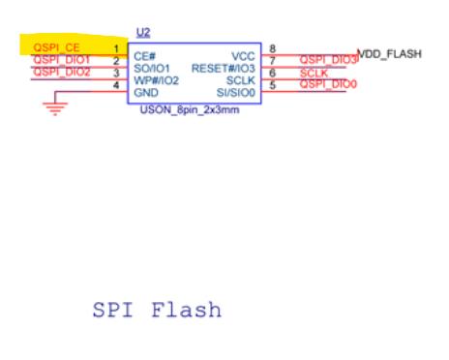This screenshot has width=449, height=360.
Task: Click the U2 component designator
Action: (143, 33)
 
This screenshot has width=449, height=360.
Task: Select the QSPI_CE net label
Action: (56, 47)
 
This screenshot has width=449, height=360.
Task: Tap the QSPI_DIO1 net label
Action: (62, 60)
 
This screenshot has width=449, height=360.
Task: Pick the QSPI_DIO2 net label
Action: (62, 72)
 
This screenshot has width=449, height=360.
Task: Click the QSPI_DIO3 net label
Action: (328, 60)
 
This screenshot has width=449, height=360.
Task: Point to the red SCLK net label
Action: (314, 74)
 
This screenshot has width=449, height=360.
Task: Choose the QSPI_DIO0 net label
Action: (328, 84)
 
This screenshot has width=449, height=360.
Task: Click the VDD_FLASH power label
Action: (390, 54)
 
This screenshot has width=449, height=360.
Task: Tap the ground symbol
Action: (55, 108)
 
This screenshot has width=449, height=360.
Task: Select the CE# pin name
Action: (145, 56)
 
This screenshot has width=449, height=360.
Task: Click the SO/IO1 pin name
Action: (152, 69)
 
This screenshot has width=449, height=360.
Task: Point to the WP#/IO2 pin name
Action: (156, 80)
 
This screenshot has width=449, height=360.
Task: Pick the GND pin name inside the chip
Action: (146, 93)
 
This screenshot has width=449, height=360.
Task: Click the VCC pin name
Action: (243, 56)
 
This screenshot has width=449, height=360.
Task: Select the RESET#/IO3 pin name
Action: (224, 69)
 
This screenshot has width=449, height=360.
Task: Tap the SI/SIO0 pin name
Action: (236, 93)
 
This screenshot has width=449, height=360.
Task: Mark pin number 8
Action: (273, 48)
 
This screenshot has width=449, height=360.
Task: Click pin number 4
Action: (116, 85)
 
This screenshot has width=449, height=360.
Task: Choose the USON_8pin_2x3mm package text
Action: (190, 110)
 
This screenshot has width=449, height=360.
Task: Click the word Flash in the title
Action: (187, 310)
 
